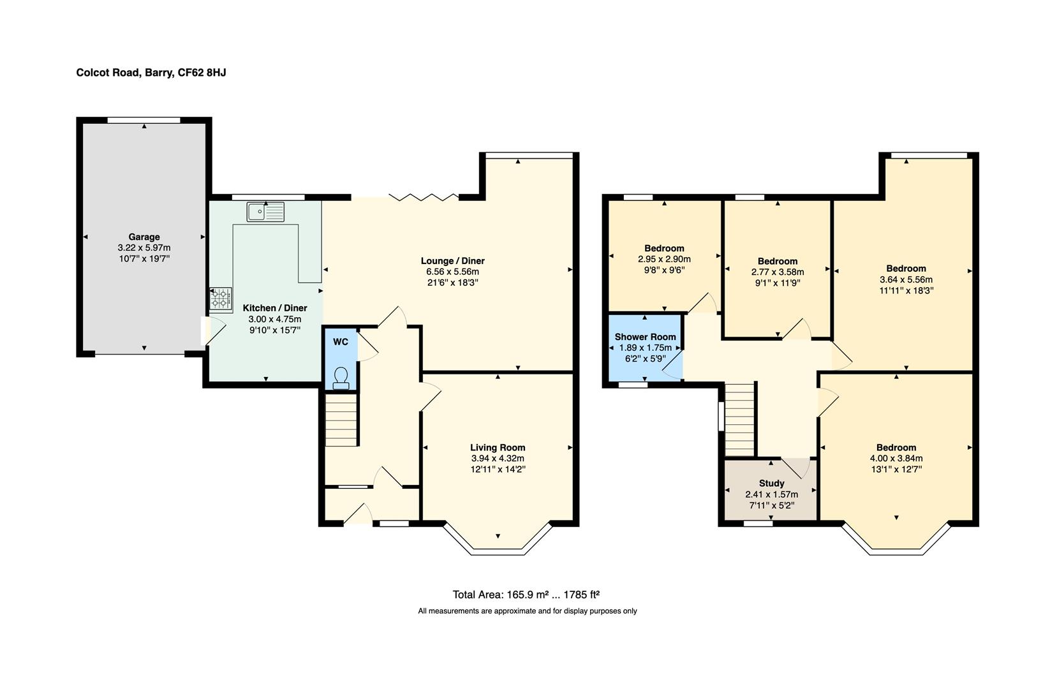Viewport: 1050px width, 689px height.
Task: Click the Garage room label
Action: coord(144,237)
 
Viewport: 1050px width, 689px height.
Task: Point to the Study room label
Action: coord(771,483)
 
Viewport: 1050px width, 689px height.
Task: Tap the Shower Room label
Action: coord(645,337)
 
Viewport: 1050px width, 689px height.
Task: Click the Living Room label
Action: coord(498,447)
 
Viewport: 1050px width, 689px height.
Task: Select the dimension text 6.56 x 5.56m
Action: coord(452,272)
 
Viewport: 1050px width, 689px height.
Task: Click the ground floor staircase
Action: coord(341,420)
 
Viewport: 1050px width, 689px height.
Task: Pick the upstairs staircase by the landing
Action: coord(740,419)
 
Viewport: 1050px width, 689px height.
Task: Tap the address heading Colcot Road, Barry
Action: coord(151,73)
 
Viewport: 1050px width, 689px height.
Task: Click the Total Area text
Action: coord(526,595)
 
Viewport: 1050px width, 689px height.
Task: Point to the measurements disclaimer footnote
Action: coord(527,611)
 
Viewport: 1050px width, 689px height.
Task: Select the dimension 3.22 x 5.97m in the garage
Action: coord(144,248)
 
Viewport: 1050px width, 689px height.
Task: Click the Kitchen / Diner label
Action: coord(275,308)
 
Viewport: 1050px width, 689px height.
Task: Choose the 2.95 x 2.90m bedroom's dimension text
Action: coord(664,259)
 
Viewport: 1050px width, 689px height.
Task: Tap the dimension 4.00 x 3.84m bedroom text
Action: coord(896,458)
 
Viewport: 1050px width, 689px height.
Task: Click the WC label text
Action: coord(341,342)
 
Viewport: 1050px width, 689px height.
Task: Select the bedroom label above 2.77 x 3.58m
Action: coord(777,261)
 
